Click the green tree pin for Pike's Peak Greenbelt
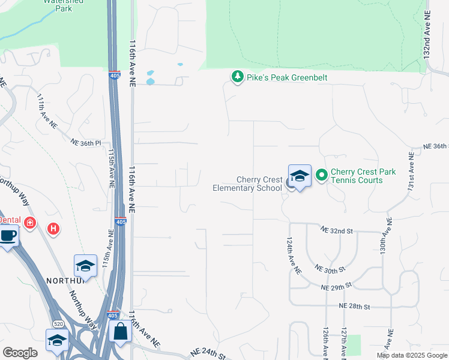pyautogui.click(x=238, y=77)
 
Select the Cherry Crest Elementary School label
pyautogui.click(x=247, y=184)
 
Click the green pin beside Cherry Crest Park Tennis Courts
pyautogui.click(x=321, y=175)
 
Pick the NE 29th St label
pyautogui.click(x=336, y=288)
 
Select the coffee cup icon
pyautogui.click(x=7, y=235)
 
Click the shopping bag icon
pyautogui.click(x=120, y=331)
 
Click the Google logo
pyautogui.click(x=20, y=353)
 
